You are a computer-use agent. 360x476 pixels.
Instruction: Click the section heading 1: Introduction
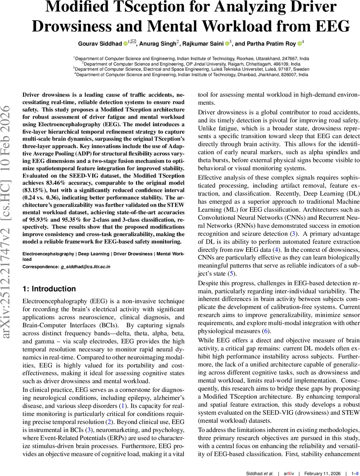(49, 289)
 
